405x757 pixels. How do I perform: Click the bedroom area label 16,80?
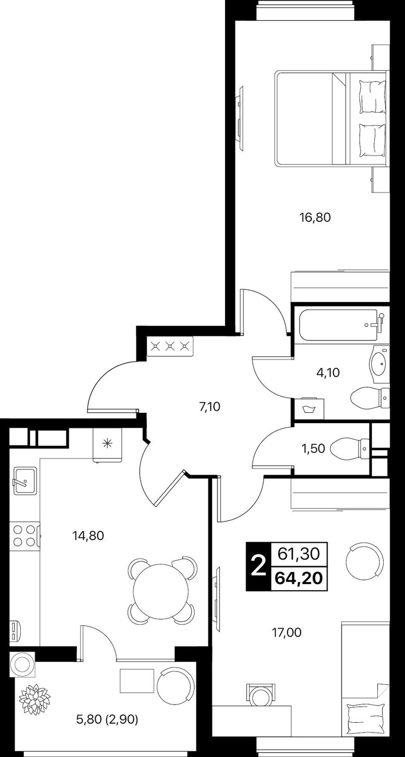(x=315, y=218)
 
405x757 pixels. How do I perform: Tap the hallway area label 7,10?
(x=209, y=407)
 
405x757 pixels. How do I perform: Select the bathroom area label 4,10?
(x=328, y=373)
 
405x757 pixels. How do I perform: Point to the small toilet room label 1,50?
(x=313, y=448)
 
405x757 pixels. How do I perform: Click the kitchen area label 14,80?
(x=88, y=536)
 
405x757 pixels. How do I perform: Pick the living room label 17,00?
(x=286, y=633)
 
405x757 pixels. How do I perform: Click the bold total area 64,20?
(x=299, y=579)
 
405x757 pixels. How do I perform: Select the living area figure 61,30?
(x=299, y=554)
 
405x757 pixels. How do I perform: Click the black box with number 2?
(x=258, y=567)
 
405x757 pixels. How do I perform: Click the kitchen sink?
(x=25, y=481)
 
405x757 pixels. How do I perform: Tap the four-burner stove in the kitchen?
(x=25, y=536)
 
